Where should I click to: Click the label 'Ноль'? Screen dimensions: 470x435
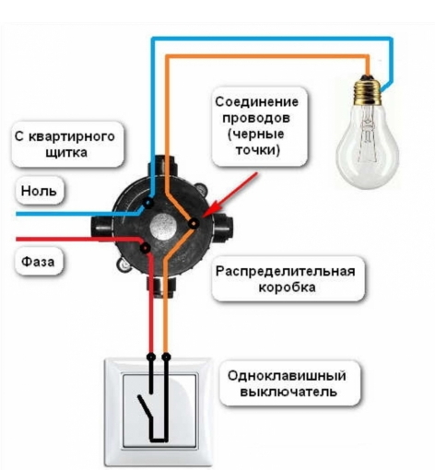(40, 192)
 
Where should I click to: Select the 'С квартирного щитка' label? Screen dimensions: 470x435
(65, 144)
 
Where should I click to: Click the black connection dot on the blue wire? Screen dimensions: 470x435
(150, 200)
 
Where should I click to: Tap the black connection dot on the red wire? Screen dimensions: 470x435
(147, 246)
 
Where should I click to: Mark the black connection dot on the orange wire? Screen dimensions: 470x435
(194, 222)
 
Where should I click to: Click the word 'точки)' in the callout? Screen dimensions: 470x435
(252, 149)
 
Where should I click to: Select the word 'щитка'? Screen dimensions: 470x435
(65, 153)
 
